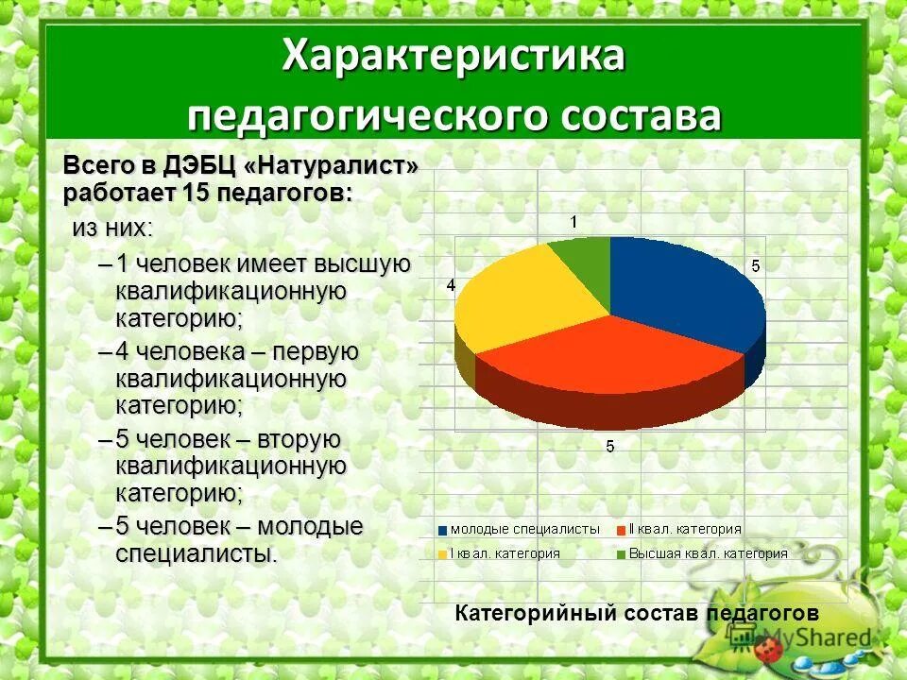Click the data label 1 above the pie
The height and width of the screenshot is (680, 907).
click(x=573, y=221)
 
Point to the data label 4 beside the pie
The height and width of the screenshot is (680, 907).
click(x=451, y=285)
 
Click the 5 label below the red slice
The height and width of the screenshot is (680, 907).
click(x=610, y=446)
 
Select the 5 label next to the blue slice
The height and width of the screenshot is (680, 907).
click(x=755, y=266)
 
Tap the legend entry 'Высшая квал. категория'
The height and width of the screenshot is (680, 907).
click(x=708, y=553)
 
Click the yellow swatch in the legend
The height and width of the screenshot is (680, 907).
click(x=442, y=554)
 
